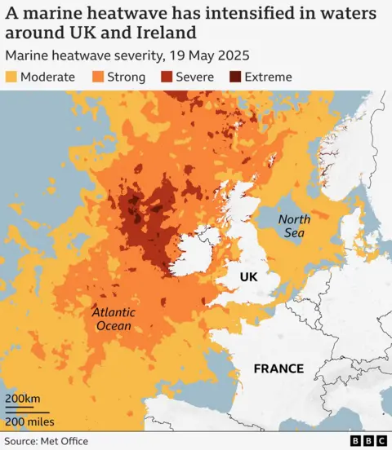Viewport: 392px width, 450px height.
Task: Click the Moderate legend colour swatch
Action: point(13,77)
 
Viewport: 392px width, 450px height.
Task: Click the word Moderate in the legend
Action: point(50,77)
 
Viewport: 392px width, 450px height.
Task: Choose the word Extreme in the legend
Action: point(267,77)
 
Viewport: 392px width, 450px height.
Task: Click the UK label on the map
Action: point(248,277)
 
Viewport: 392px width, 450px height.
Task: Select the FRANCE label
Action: point(278,368)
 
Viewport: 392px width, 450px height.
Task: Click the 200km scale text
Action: point(24,399)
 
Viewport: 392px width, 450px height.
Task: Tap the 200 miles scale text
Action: point(30,421)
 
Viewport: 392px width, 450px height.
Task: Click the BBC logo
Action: point(368,441)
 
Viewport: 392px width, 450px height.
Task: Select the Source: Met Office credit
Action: point(47,441)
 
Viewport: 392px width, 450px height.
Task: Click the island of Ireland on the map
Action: point(193,254)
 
